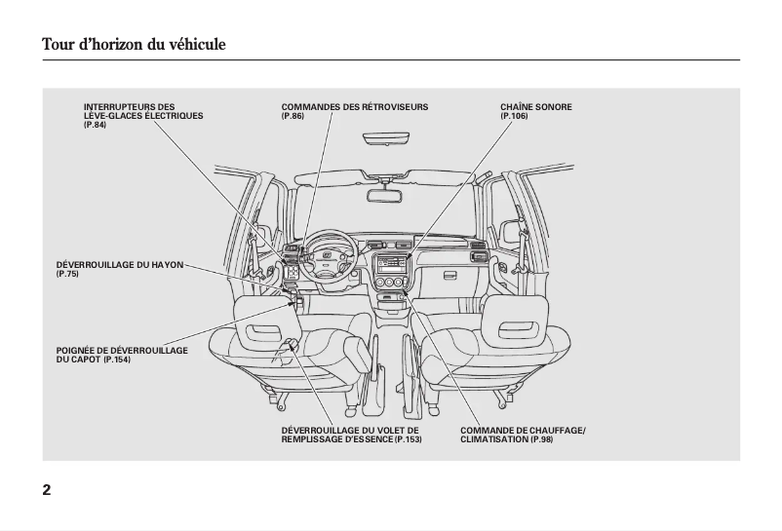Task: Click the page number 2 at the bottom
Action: (47, 489)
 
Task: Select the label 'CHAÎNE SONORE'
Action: (536, 106)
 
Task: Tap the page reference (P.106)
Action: (514, 116)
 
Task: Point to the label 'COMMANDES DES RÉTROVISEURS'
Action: (354, 106)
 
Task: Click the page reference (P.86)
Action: (293, 116)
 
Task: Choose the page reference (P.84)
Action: (95, 126)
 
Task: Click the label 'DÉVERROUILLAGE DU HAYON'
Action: (119, 265)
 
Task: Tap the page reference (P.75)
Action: (67, 275)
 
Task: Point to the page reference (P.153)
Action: (409, 440)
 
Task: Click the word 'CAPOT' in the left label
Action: (78, 360)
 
